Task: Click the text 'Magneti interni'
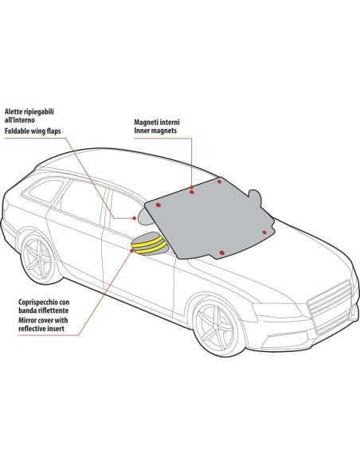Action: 157,122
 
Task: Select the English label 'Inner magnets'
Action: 155,131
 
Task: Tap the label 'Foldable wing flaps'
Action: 33,131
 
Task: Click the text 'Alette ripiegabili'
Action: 29,111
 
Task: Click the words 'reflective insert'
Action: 41,329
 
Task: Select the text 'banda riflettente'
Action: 43,311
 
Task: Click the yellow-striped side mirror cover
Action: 150,244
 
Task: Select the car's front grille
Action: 330,307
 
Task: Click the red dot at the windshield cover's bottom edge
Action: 221,252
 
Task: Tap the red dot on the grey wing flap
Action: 135,218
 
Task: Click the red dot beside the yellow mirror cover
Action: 131,251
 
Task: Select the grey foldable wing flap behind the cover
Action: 145,217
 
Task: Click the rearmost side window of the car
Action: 46,191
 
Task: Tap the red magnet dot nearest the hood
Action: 264,232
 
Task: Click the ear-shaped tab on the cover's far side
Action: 255,197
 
